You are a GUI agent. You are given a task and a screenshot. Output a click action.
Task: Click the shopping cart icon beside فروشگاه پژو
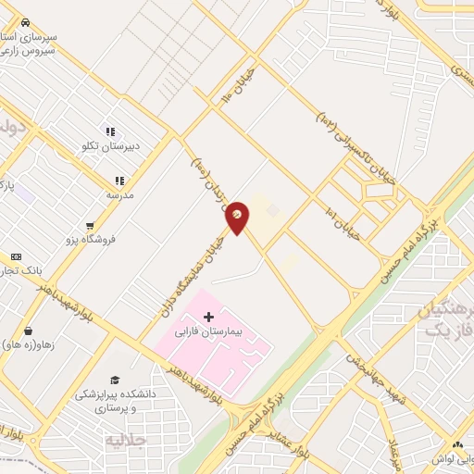click(90, 224)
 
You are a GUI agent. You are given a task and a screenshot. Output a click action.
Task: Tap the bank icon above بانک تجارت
click(16, 256)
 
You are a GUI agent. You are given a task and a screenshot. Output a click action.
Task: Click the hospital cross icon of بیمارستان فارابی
click(208, 317)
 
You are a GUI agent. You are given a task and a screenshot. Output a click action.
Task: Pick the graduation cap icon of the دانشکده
click(115, 380)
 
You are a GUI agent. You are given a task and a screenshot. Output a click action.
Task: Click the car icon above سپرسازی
click(25, 21)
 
